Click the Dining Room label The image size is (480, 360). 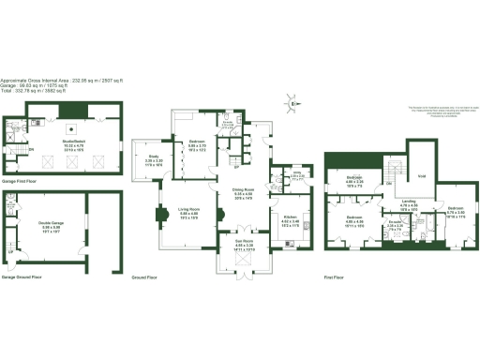pos(244,193)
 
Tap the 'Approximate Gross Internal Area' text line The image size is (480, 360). pos(56,79)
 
